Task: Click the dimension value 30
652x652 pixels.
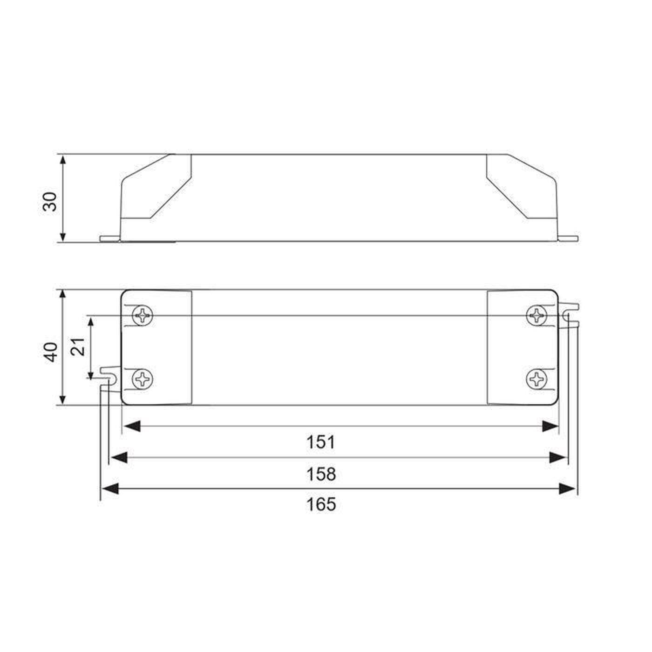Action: [x=50, y=201]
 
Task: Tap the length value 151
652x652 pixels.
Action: [x=321, y=442]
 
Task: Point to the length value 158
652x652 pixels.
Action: [x=321, y=474]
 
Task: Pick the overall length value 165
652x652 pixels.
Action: [x=321, y=504]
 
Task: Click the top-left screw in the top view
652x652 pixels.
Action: [x=143, y=316]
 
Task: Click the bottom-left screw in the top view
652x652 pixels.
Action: [x=143, y=379]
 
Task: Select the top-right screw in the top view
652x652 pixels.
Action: [x=537, y=316]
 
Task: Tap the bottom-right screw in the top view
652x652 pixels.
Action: [x=537, y=379]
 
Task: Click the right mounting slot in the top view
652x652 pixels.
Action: [x=569, y=317]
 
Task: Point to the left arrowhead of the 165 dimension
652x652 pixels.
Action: [x=110, y=489]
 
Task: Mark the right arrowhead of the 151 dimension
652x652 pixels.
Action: [x=550, y=426]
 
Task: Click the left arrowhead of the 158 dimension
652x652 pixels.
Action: [x=117, y=457]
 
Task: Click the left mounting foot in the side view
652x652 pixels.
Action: [x=110, y=238]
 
